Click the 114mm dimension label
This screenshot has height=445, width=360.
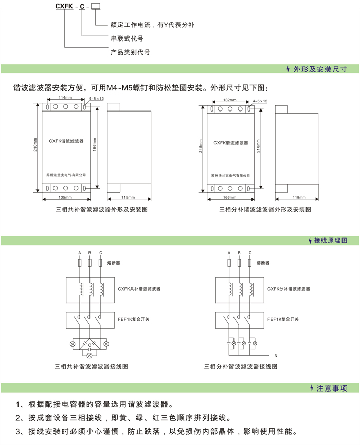[x=65, y=97]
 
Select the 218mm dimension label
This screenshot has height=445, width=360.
[x=258, y=148]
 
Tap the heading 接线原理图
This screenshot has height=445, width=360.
[x=330, y=240]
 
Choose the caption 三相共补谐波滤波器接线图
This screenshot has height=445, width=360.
[x=91, y=367]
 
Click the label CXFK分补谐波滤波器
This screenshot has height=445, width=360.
[x=289, y=289]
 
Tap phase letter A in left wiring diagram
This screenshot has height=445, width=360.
[x=79, y=253]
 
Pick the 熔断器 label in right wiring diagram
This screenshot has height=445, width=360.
[x=263, y=263]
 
